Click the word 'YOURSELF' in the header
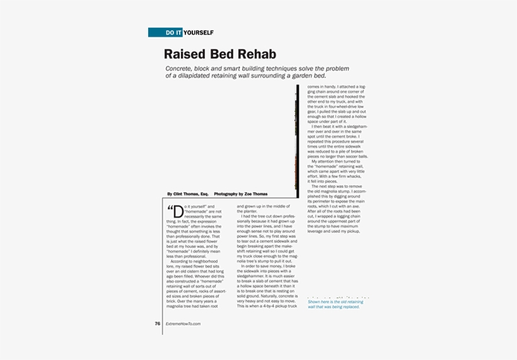point(199,33)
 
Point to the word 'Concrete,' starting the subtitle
point(182,68)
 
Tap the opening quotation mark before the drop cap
point(170,209)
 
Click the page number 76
point(158,323)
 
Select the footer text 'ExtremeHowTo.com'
point(183,323)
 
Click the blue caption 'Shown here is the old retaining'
point(335,302)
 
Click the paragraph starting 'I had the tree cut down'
point(267,236)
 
